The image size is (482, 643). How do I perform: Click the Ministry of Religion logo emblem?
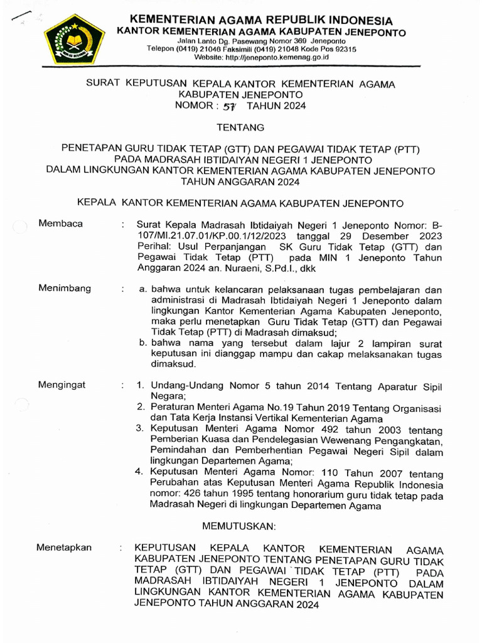click(x=70, y=38)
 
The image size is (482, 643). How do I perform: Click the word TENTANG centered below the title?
click(x=240, y=127)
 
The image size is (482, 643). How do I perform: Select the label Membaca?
click(x=60, y=224)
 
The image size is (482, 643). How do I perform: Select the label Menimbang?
click(x=65, y=288)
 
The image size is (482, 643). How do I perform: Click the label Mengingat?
click(x=62, y=385)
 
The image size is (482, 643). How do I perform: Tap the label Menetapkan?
click(x=64, y=548)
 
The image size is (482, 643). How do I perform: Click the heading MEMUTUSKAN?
click(x=240, y=524)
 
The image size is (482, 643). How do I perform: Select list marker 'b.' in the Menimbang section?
click(x=143, y=343)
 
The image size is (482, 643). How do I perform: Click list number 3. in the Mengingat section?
click(x=141, y=429)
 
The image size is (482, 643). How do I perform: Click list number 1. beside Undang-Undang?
click(x=141, y=386)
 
